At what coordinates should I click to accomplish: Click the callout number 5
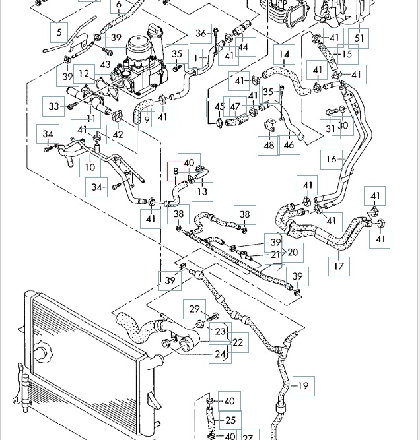click(59, 32)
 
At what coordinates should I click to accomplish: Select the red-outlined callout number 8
click(176, 171)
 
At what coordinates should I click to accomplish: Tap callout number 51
click(360, 39)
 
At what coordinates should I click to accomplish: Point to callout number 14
click(284, 55)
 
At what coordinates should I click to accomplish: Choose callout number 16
click(332, 159)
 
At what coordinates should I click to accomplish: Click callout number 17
click(339, 267)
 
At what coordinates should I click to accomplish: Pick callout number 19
click(303, 386)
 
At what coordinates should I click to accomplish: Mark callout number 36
click(201, 33)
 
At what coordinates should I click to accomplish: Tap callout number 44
click(244, 47)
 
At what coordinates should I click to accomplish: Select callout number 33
click(54, 106)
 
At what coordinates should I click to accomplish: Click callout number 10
click(90, 167)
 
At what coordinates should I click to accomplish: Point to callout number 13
click(202, 191)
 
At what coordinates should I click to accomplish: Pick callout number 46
click(289, 144)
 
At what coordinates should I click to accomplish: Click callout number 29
click(194, 309)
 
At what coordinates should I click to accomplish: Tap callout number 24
click(220, 354)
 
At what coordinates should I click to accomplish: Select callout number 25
click(230, 420)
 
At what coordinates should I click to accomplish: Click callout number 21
click(276, 255)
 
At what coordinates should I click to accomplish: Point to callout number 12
click(84, 74)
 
